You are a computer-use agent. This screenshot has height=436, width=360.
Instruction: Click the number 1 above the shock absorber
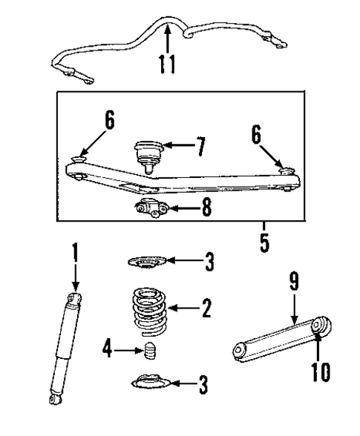(x=73, y=254)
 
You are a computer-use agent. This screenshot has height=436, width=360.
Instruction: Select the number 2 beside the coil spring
(x=206, y=306)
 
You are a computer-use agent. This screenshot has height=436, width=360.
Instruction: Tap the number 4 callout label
(x=108, y=349)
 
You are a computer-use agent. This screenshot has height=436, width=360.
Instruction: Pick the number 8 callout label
(x=206, y=208)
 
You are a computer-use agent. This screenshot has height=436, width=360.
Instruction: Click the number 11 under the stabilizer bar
(x=168, y=64)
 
